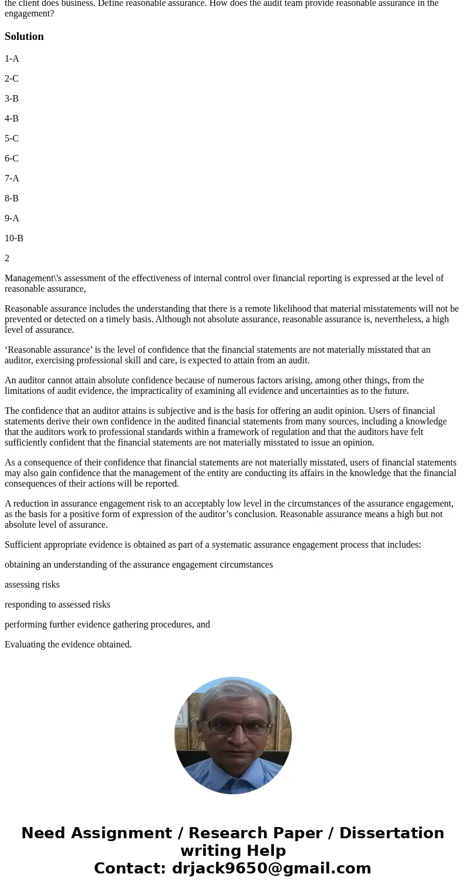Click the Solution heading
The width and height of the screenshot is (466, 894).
coord(24,36)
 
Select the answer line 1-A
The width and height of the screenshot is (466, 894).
coord(12,59)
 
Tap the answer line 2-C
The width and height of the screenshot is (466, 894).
coord(12,79)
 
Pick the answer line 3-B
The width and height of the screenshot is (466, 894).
coord(12,99)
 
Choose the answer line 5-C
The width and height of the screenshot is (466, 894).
coord(12,139)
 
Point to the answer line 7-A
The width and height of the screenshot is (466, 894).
coord(12,178)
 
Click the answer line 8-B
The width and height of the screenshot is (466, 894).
coord(12,198)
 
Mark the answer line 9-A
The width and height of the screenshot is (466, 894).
coord(12,218)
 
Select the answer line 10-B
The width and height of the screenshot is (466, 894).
coord(14,238)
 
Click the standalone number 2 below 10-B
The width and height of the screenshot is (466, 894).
coord(7,258)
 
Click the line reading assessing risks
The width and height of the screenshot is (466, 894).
coord(32,585)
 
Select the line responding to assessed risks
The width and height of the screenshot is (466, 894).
coord(58,605)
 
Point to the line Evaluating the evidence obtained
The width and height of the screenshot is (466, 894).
coord(68,645)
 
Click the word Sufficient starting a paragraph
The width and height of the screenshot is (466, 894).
coord(23,545)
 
